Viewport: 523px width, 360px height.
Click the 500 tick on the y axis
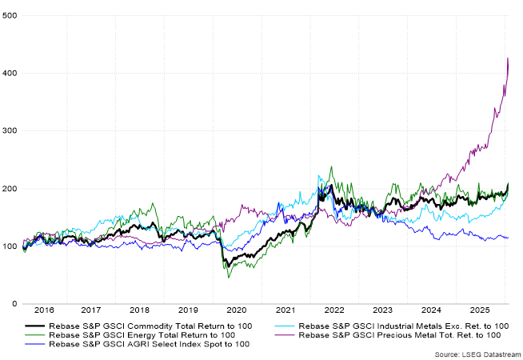(10, 15)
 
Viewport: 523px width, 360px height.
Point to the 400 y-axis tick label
(10, 73)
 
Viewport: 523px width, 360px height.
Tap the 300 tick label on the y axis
(10, 130)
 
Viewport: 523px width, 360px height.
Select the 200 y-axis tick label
(10, 189)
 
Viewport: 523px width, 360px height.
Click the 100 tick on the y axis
(10, 246)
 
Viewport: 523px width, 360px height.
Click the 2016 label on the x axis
(45, 310)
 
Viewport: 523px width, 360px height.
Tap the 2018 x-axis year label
(140, 310)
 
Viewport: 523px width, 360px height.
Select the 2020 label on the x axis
(237, 310)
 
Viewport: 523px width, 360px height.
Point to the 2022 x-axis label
(333, 310)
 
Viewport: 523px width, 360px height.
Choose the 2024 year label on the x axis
(429, 310)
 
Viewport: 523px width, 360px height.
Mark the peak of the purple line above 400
(507, 58)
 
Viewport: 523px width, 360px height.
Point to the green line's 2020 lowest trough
(230, 277)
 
